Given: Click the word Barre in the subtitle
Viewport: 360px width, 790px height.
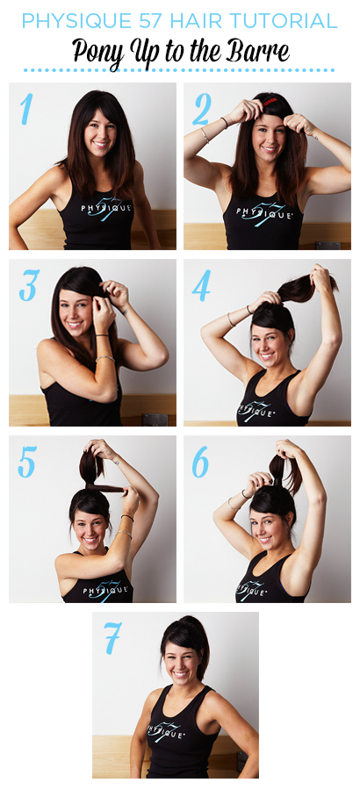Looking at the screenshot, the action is pos(264,51).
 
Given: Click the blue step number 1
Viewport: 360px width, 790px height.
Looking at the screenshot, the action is pos(26,110).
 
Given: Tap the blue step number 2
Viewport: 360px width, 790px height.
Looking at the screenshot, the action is pos(201,110).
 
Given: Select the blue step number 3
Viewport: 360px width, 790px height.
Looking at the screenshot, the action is pos(29,285).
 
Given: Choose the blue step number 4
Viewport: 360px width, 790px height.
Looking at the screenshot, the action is pos(202,285).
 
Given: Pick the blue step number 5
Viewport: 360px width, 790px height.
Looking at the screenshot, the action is pos(27,462).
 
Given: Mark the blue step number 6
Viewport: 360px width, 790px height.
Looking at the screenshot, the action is pos(201,462).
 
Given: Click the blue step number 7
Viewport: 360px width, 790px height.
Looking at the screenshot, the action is pos(113,638).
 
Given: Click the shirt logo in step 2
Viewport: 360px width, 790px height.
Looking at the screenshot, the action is pos(266,212).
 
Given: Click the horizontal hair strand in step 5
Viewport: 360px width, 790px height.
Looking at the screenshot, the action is pos(106,488).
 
